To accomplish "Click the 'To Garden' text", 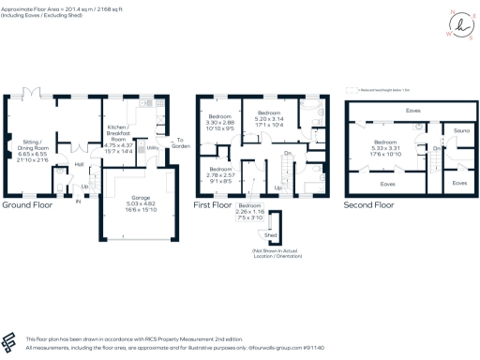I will coord(177,143).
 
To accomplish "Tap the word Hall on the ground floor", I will coord(80,164).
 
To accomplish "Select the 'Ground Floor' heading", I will coord(26,203).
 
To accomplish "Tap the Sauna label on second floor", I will coord(460,130).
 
